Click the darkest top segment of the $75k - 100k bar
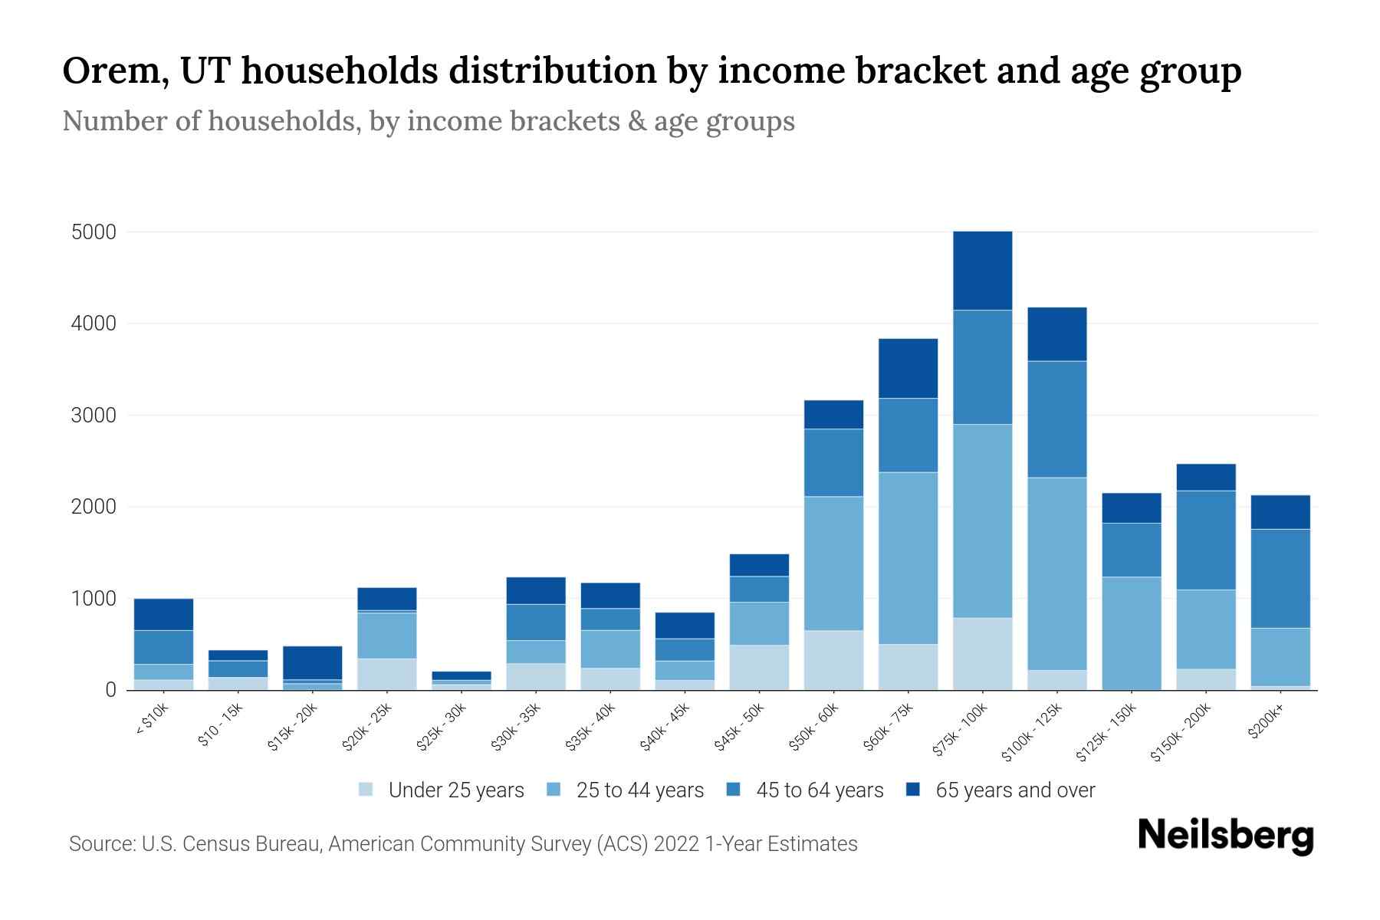pyautogui.click(x=982, y=271)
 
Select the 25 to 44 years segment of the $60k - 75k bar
pyautogui.click(x=908, y=557)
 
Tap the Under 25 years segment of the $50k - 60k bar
pyautogui.click(x=833, y=659)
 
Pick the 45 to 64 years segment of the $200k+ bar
pyautogui.click(x=1280, y=578)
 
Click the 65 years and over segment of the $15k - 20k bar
pyautogui.click(x=312, y=662)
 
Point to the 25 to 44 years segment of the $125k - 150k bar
pyautogui.click(x=1132, y=632)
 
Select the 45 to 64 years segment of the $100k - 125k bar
pyautogui.click(x=1056, y=419)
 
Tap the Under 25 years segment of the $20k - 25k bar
pyautogui.click(x=386, y=674)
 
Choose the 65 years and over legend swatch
pyautogui.click(x=913, y=790)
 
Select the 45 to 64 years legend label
pyautogui.click(x=819, y=790)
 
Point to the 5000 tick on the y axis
pyautogui.click(x=94, y=232)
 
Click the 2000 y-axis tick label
pyautogui.click(x=94, y=507)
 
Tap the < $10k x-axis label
pyautogui.click(x=151, y=721)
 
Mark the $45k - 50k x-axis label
pyautogui.click(x=739, y=729)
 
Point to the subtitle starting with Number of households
pyautogui.click(x=428, y=122)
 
